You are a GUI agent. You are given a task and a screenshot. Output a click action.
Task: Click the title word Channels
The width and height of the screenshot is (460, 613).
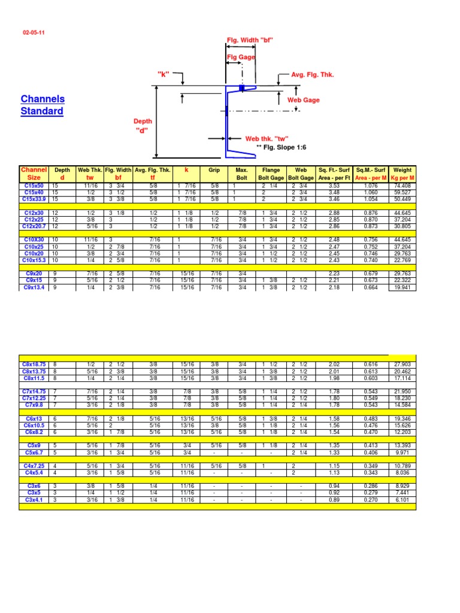[x=43, y=99]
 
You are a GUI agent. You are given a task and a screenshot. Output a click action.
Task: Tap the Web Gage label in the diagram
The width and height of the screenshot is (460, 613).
[x=304, y=100]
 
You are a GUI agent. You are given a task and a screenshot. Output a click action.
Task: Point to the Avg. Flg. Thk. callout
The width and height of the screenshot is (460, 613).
[x=312, y=75]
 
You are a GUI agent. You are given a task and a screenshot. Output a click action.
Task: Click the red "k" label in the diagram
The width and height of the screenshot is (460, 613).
[x=163, y=74]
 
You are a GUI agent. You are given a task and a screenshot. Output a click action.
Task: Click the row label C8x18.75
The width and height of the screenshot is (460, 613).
[x=34, y=364]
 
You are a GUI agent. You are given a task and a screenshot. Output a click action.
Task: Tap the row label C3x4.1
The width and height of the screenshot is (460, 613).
[x=34, y=500]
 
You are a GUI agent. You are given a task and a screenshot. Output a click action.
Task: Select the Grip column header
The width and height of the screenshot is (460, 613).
[x=214, y=170]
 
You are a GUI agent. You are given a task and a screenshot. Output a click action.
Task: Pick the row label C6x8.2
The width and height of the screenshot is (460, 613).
[x=34, y=432]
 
